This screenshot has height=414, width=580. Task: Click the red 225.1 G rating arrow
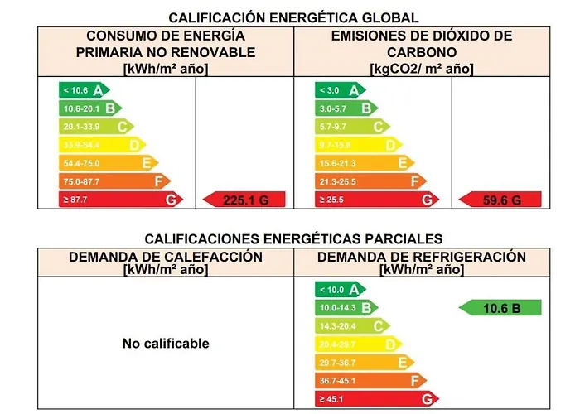[x=244, y=199]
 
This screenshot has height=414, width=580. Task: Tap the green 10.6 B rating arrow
[x=500, y=308]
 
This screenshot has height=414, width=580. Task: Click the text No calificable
[x=166, y=343]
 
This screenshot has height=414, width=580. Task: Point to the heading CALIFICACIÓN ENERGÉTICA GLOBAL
[x=293, y=17]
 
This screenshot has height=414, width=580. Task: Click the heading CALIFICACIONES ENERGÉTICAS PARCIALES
[x=293, y=238]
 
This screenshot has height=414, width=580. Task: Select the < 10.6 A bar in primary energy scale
[x=83, y=90]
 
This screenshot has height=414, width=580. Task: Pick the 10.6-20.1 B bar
[x=89, y=108]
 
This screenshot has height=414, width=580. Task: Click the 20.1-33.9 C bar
[x=95, y=126]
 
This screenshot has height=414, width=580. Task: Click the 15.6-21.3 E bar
[x=364, y=162]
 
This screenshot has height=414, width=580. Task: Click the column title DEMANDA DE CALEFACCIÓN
[x=166, y=257]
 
